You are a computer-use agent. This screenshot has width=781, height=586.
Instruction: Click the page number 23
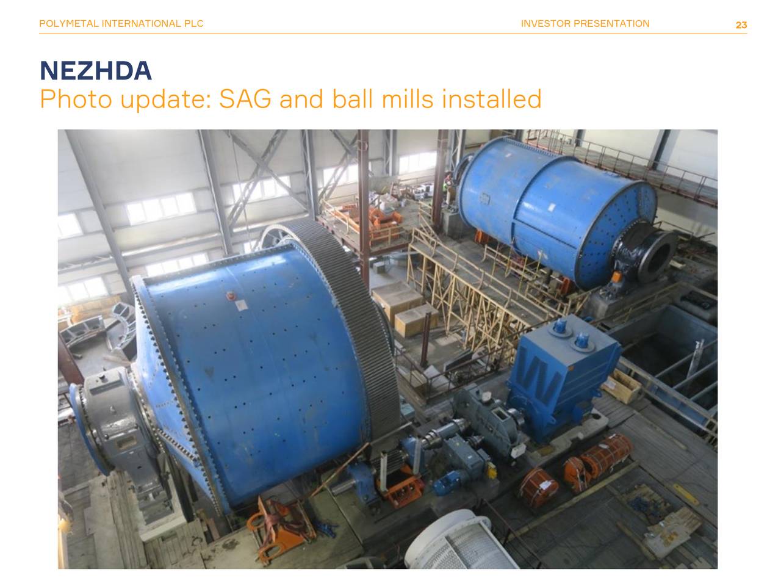pos(741,25)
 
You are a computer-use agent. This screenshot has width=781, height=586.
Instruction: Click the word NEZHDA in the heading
pos(96,70)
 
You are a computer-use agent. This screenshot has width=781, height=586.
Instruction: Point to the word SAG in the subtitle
pos(245,99)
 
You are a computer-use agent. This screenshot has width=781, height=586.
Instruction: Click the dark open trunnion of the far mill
pos(654,252)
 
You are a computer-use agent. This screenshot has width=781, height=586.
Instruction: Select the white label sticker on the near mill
pos(240,305)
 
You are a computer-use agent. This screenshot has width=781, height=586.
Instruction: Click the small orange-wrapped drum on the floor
pos(538,487)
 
